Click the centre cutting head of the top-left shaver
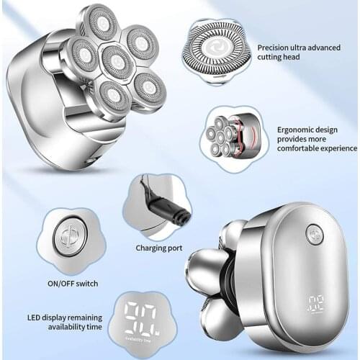[x=117, y=62]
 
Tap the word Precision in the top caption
[x=275, y=47]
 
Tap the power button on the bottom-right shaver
[x=314, y=234]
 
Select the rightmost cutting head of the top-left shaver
[x=149, y=89]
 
